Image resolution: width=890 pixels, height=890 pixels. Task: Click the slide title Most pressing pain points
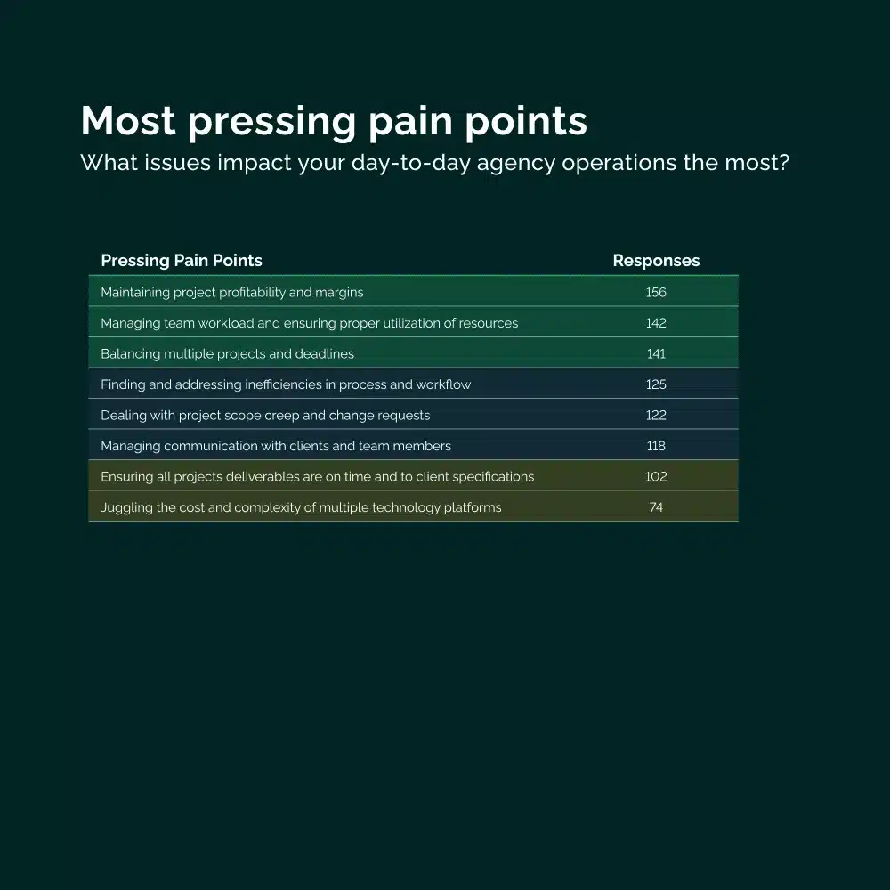tap(334, 121)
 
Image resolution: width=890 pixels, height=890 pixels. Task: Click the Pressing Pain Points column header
tap(182, 261)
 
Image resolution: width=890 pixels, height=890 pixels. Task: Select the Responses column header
tap(656, 261)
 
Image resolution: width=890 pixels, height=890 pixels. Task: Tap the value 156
tap(656, 292)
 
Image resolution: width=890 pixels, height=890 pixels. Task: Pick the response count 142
tap(656, 323)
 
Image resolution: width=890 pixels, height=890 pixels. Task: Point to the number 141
tap(656, 353)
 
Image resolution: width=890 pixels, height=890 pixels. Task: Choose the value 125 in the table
tap(656, 384)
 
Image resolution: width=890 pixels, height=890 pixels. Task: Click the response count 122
tap(656, 415)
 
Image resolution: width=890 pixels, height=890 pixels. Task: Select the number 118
tap(656, 446)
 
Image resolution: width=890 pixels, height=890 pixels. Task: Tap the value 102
tap(656, 476)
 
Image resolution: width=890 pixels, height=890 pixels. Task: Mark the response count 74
tap(656, 507)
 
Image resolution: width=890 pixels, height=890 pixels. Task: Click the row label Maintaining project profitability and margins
tap(232, 292)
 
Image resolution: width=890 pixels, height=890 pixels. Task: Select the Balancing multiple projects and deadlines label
tap(228, 353)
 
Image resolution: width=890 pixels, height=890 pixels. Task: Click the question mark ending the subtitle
tap(784, 162)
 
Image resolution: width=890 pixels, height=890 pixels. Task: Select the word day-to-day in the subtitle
tap(411, 164)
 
